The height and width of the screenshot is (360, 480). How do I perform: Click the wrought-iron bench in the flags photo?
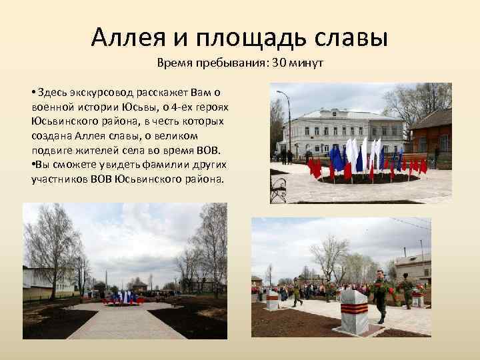[278, 190]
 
